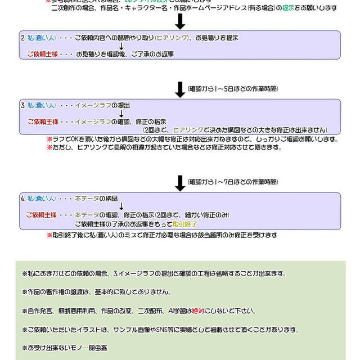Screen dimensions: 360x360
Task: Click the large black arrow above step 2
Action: click(179, 21)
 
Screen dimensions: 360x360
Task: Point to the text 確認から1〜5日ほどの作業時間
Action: click(233, 89)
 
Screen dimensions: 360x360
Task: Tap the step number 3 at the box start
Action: click(22, 105)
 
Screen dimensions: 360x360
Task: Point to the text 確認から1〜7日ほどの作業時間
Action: click(233, 183)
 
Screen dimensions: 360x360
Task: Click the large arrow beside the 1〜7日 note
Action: click(179, 183)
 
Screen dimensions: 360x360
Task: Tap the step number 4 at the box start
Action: click(22, 199)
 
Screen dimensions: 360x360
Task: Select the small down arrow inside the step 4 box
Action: click(121, 206)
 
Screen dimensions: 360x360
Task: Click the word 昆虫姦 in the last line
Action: click(100, 348)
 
